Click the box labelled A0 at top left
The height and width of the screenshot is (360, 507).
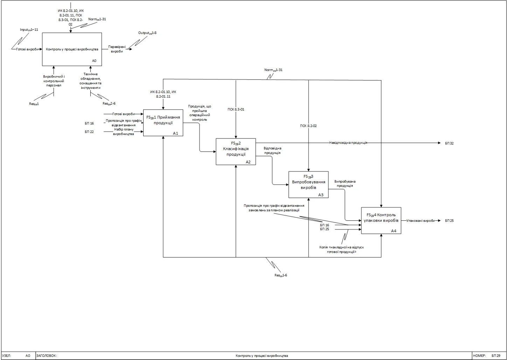[x=72, y=49]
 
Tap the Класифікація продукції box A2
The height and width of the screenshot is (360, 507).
[x=236, y=151]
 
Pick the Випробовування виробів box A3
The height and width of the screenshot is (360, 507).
[x=308, y=184]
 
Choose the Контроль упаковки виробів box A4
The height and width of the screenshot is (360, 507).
[x=381, y=220]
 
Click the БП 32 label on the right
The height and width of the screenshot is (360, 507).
[x=449, y=143]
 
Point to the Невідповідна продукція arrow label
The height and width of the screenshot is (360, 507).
[x=348, y=143]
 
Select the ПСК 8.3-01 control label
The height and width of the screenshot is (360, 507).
[x=236, y=110]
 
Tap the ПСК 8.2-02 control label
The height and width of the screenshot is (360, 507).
[x=308, y=126]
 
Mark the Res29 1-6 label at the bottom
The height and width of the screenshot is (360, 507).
[x=280, y=275]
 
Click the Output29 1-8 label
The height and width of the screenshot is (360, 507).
[x=147, y=33]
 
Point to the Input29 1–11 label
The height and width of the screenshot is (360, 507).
[x=29, y=30]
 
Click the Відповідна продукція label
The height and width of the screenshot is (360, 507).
[x=272, y=150]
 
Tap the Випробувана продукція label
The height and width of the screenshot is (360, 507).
[x=345, y=184]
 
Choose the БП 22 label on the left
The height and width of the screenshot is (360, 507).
[x=89, y=132]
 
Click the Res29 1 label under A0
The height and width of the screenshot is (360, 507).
[x=34, y=104]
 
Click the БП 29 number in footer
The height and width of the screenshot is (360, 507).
[x=496, y=355]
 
